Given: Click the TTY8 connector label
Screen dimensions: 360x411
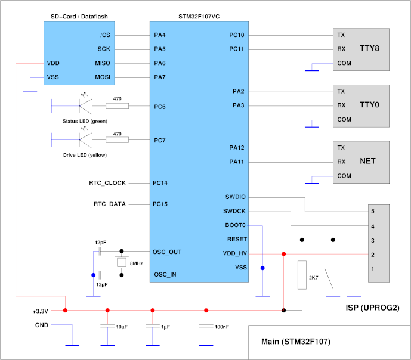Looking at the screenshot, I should [x=369, y=48].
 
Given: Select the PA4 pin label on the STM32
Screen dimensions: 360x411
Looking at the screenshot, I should [x=159, y=35].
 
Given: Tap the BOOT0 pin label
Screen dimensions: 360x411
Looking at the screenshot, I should [x=237, y=225].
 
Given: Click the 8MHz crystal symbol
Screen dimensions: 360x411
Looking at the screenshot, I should [x=122, y=263].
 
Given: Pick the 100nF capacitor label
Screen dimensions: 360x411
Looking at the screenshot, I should [x=222, y=327].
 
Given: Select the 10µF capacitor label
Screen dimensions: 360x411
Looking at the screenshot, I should [x=122, y=327].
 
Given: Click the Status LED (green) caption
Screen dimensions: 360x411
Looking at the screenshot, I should [x=84, y=121].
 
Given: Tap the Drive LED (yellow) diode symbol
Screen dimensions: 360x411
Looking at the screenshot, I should [x=85, y=140].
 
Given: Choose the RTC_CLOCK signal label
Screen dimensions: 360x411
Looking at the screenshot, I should [x=107, y=182].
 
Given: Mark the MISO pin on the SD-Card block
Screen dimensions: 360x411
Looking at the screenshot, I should [x=102, y=63].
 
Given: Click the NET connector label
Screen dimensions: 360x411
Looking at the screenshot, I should [x=367, y=162].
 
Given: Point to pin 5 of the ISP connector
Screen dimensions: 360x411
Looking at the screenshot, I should [x=372, y=211].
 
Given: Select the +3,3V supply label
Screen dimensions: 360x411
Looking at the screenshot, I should [x=40, y=311].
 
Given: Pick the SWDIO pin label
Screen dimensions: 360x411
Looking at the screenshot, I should [x=235, y=197].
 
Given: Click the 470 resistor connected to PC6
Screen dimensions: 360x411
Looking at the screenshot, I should [x=117, y=106].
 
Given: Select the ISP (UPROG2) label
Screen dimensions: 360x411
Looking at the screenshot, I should [x=369, y=308].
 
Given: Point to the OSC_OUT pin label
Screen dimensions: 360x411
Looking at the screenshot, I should [x=168, y=252].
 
